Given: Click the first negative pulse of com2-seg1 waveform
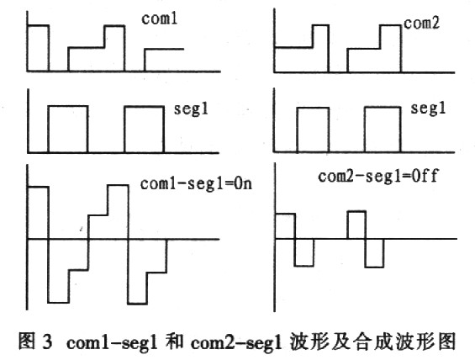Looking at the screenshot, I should (303, 252).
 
